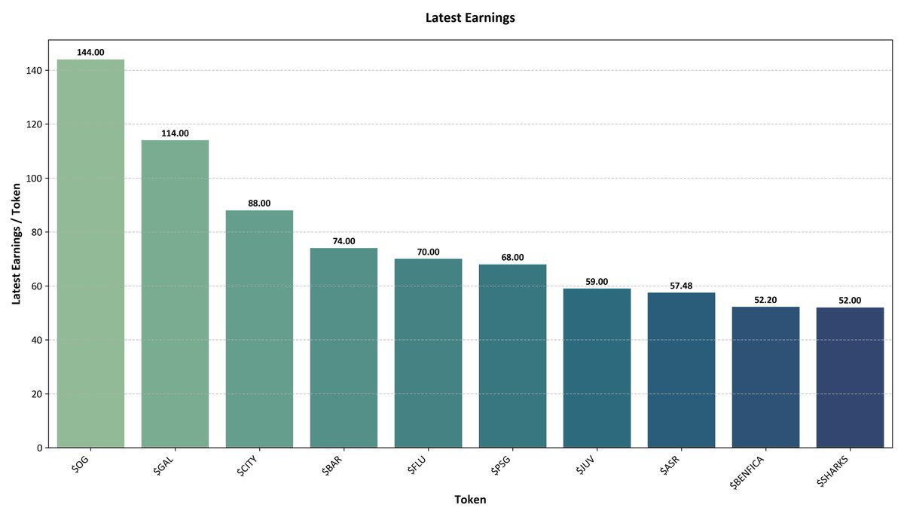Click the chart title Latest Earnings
tap(470, 18)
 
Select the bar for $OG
tap(90, 253)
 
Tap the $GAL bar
tap(175, 294)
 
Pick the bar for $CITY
tap(259, 329)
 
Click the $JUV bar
tap(597, 368)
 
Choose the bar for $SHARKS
tap(850, 378)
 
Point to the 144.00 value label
tap(90, 52)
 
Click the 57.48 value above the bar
tap(681, 286)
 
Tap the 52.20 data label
tap(765, 300)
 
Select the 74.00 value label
tap(344, 241)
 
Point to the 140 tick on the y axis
tap(34, 71)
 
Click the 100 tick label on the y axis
tap(34, 179)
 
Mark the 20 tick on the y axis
tap(37, 394)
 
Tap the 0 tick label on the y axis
tap(39, 448)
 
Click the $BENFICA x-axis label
tap(747, 473)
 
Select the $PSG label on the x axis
tap(501, 465)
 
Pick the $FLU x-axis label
tap(417, 465)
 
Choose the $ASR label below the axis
tap(670, 465)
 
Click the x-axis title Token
tap(470, 500)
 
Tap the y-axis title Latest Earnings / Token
tap(16, 243)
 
